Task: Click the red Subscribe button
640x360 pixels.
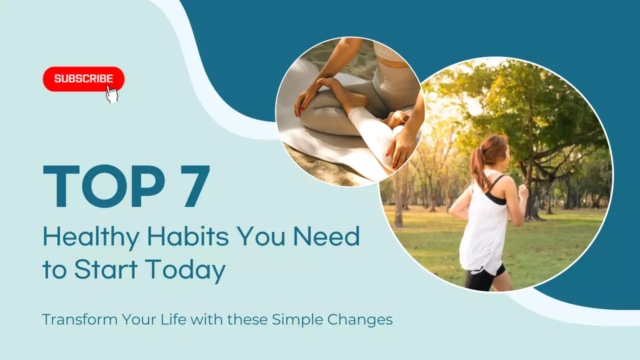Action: (x=83, y=79)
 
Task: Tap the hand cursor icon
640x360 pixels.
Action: (x=112, y=93)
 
